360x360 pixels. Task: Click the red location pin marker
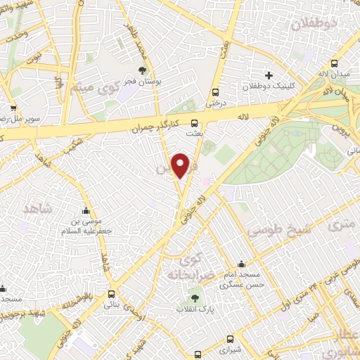[181, 165]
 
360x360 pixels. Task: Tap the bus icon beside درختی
[214, 91]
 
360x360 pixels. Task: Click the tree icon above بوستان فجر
[143, 70]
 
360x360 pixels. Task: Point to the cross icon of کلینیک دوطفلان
[268, 75]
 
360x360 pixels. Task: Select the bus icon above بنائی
[111, 295]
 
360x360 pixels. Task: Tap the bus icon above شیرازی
[199, 354]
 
